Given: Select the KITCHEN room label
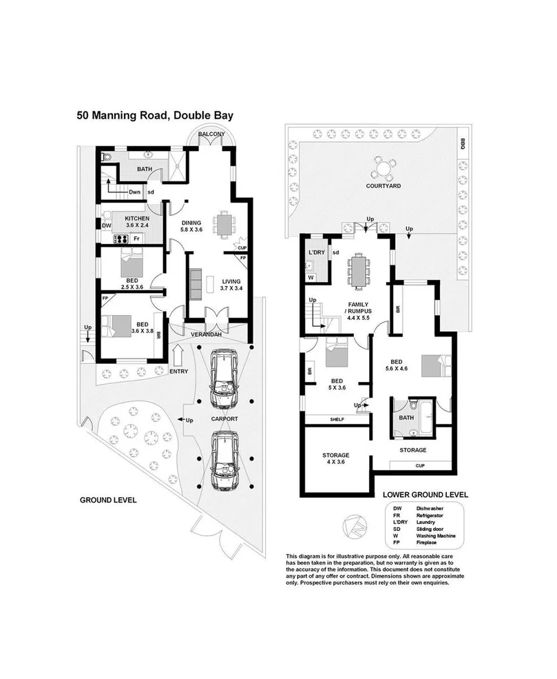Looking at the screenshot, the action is click(x=137, y=219).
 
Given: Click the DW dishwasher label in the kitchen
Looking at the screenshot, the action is click(x=106, y=225).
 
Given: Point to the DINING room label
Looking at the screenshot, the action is click(x=191, y=223).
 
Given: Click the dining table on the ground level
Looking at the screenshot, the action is click(x=222, y=223).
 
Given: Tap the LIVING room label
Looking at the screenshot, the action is click(x=231, y=281).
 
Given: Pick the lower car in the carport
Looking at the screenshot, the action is click(x=224, y=459).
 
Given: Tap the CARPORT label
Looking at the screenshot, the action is click(x=224, y=418).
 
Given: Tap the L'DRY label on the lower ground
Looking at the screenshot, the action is click(x=316, y=253).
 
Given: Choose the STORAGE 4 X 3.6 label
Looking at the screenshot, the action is click(x=335, y=459).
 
